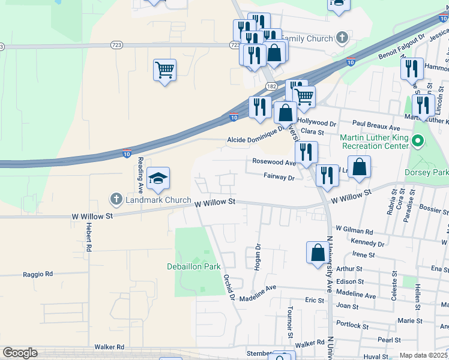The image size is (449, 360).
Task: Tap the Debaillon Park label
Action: click(x=194, y=266)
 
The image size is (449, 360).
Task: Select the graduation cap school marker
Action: click(x=158, y=178)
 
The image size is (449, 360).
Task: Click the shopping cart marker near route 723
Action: click(x=164, y=70)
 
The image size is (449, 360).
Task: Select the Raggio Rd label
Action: click(x=38, y=274)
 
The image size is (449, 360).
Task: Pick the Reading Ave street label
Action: click(x=140, y=170)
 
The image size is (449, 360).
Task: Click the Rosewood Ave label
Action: click(x=274, y=162)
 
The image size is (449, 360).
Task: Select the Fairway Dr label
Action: click(x=279, y=177)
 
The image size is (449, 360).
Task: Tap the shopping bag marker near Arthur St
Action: click(x=317, y=253)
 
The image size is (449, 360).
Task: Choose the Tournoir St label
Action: click(x=290, y=321)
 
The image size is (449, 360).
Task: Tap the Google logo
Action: click(x=20, y=353)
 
